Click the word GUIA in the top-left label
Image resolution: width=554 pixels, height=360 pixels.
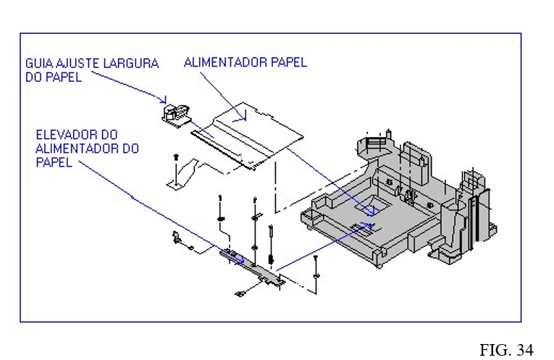41,64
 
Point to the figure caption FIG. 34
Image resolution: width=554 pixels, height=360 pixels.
506,351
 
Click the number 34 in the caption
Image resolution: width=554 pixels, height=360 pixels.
525,351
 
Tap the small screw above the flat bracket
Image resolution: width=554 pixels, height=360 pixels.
175,155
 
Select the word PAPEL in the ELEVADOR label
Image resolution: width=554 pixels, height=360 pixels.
54,163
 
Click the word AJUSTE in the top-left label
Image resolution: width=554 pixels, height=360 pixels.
80,64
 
